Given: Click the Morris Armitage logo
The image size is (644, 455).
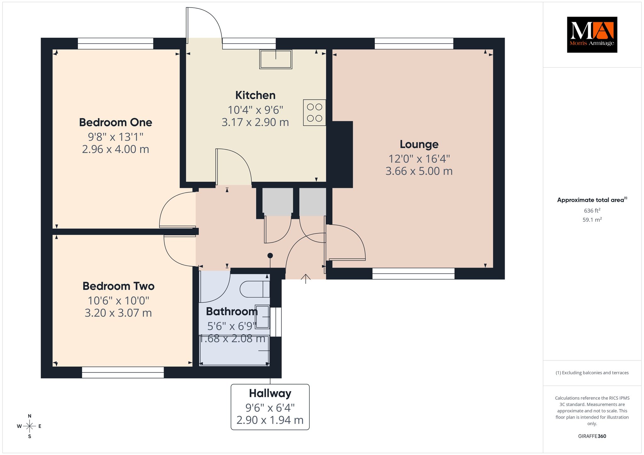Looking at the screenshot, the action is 592,35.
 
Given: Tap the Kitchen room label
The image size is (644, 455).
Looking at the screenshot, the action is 255,95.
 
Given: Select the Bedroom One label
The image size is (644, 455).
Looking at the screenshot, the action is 115,123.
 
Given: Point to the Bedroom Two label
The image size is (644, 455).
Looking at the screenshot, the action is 119,286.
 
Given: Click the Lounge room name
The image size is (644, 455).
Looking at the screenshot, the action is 419,144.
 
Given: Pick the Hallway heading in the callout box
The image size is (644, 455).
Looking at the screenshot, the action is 270,393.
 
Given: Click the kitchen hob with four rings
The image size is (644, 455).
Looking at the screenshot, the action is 314,112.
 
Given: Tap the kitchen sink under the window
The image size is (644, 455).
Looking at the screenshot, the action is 276,59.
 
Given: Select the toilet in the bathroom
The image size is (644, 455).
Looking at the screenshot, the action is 255,289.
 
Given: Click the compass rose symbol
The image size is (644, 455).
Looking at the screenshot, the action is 30,426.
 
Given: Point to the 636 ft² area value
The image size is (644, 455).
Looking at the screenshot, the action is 592,211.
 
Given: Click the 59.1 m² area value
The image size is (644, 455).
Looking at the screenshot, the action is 592,220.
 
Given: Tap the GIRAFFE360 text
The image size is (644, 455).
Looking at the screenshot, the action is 592,436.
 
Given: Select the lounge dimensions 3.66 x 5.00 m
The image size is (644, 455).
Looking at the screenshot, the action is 419,171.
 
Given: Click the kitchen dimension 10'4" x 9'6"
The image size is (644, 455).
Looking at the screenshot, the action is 255,110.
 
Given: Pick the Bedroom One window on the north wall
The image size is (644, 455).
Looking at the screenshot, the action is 115,44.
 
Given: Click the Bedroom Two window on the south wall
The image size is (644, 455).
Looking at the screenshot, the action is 123,372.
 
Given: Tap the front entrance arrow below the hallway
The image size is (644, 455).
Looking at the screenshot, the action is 306,279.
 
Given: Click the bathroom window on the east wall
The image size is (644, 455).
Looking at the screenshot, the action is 276,322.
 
